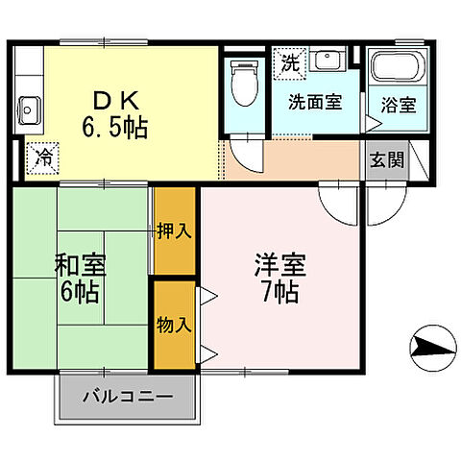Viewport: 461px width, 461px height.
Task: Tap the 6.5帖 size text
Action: pyautogui.click(x=116, y=126)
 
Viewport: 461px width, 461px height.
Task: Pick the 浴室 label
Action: pyautogui.click(x=399, y=106)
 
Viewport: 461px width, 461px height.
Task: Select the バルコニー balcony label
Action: pyautogui.click(x=126, y=395)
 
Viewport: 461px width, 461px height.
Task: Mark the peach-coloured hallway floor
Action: pyautogui.click(x=298, y=160)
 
